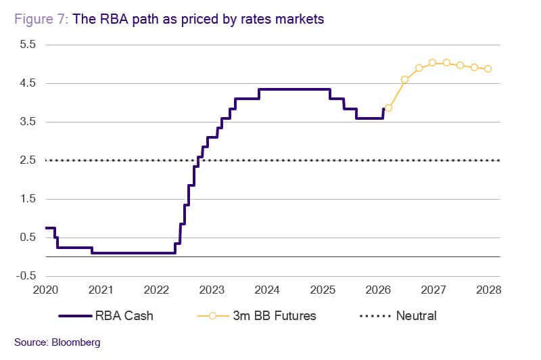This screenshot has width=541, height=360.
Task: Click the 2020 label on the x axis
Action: tap(45, 290)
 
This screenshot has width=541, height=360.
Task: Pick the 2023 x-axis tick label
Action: tap(212, 290)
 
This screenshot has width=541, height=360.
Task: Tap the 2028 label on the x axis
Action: tap(489, 290)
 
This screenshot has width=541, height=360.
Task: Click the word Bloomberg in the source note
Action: tap(75, 342)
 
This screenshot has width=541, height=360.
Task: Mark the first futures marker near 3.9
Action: tap(388, 108)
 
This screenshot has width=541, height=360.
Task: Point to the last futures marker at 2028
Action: tap(488, 68)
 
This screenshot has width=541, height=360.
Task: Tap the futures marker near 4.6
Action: tap(404, 79)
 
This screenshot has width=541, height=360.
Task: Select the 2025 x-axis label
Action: tap(323, 290)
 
